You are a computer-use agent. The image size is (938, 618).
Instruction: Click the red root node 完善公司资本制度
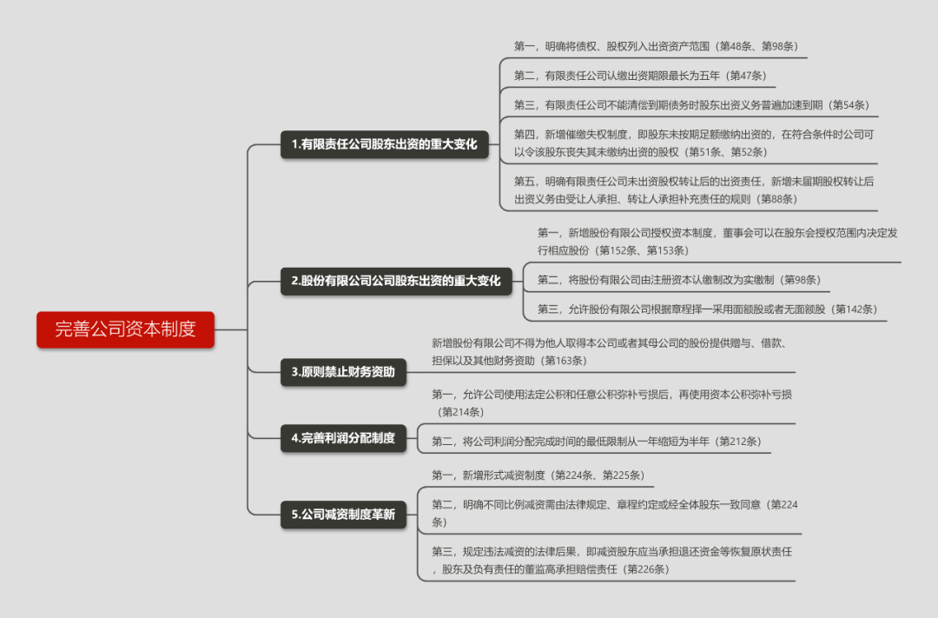click(x=126, y=329)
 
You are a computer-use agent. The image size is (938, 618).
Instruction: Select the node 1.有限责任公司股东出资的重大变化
click(x=385, y=144)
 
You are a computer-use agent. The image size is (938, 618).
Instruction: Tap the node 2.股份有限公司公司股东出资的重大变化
click(x=396, y=281)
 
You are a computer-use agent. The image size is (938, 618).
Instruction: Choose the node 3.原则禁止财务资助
click(x=343, y=372)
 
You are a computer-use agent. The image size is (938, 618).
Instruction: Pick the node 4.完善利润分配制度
click(x=343, y=438)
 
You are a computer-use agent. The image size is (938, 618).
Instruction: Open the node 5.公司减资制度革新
click(x=343, y=515)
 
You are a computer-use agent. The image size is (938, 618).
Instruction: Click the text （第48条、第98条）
click(x=756, y=46)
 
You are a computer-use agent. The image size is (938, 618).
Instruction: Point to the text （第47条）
click(x=745, y=76)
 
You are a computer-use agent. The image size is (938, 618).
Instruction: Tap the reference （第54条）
click(x=849, y=105)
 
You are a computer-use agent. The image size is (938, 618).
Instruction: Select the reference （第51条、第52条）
click(x=725, y=152)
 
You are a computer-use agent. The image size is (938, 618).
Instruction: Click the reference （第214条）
click(x=460, y=412)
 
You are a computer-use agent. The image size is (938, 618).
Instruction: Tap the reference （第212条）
click(x=737, y=442)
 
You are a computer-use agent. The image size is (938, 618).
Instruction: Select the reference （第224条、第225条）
click(x=598, y=475)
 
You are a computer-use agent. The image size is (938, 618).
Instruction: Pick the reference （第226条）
click(x=645, y=569)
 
